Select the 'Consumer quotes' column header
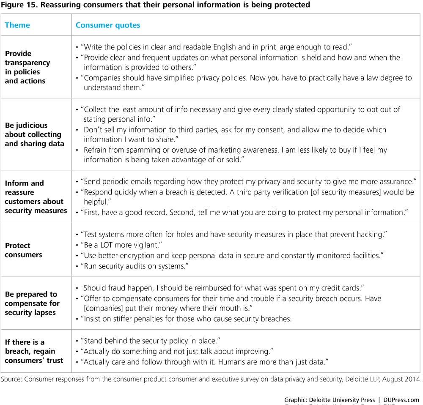pyautogui.click(x=108, y=25)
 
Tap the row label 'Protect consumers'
pyautogui.click(x=23, y=250)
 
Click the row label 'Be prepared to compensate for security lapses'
pyautogui.click(x=32, y=303)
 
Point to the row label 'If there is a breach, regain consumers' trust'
pyautogui.click(x=34, y=351)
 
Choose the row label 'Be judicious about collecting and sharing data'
pyautogui.click(x=34, y=134)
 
